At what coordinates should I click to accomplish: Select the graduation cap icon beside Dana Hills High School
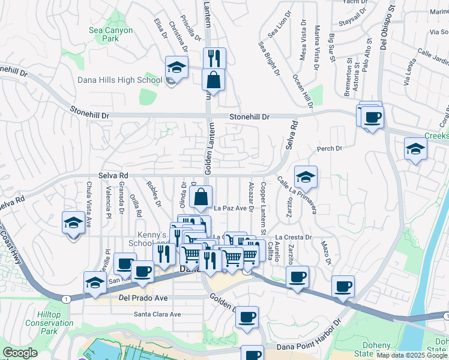[177, 68]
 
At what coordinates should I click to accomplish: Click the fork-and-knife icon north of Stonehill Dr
[214, 59]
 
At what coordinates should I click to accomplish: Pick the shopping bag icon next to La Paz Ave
[201, 197]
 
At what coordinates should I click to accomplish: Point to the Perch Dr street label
[329, 148]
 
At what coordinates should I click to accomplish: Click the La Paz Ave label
[231, 209]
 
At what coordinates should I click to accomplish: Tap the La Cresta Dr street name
[294, 237]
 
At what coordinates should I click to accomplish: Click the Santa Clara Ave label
[157, 314]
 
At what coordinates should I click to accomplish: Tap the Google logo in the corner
[20, 353]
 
